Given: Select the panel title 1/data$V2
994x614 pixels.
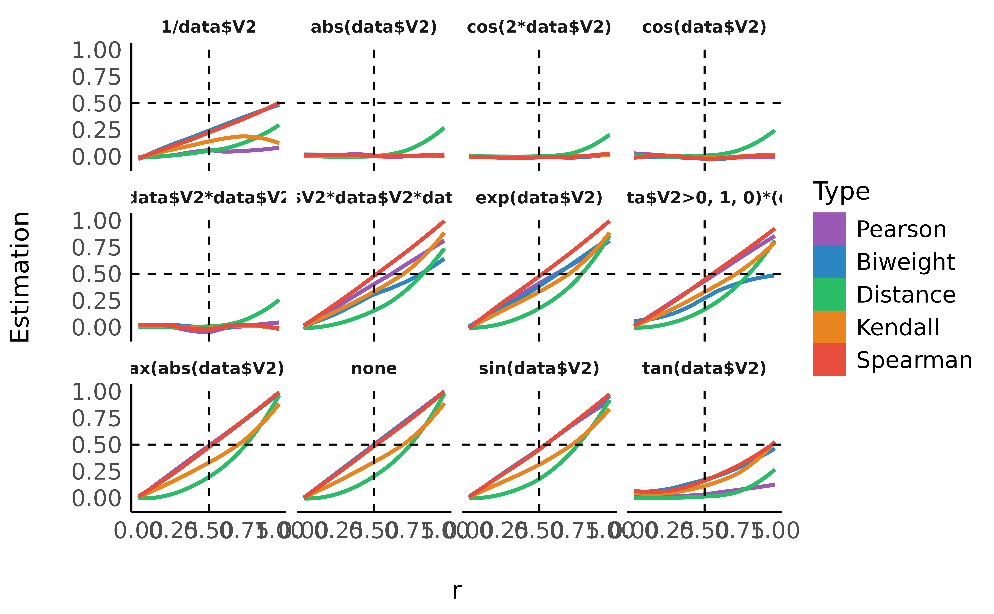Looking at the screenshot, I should point(209,27).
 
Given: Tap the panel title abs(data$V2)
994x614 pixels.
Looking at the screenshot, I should point(374,27).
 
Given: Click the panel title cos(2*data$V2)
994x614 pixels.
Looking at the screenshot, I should point(539,27).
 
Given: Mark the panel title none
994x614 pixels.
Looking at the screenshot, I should point(374,369).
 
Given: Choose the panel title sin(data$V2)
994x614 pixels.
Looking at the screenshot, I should point(539,369).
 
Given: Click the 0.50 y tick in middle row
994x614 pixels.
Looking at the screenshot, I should point(96,274).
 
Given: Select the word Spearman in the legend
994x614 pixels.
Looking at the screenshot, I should point(914,360).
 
